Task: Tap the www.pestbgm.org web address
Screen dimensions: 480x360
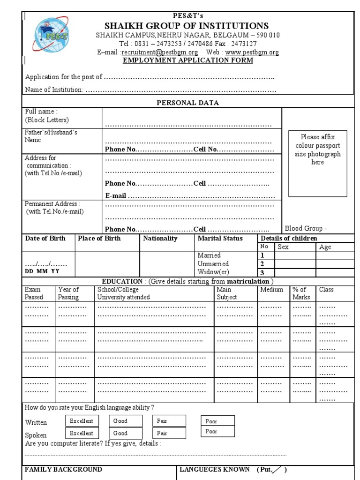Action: point(252,52)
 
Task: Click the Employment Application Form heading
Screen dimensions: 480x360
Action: point(187,60)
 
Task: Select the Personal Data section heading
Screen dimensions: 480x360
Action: point(187,103)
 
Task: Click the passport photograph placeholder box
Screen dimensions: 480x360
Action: point(317,163)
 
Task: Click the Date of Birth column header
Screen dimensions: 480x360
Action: point(45,238)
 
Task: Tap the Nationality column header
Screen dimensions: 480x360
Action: point(160,238)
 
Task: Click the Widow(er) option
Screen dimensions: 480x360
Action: point(214,272)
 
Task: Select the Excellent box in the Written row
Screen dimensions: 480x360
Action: point(82,421)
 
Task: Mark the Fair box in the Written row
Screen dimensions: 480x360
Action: point(169,421)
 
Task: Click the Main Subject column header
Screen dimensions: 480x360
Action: point(227,293)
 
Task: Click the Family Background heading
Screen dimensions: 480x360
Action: point(63,469)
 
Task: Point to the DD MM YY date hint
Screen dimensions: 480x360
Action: point(42,271)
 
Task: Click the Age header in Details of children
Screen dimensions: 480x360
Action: point(325,247)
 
